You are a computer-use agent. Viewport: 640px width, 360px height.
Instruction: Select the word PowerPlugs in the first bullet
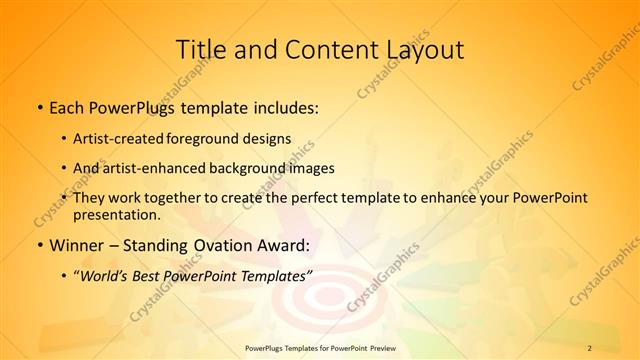coord(134,105)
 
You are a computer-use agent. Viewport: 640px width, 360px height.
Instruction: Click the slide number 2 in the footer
coord(589,347)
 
